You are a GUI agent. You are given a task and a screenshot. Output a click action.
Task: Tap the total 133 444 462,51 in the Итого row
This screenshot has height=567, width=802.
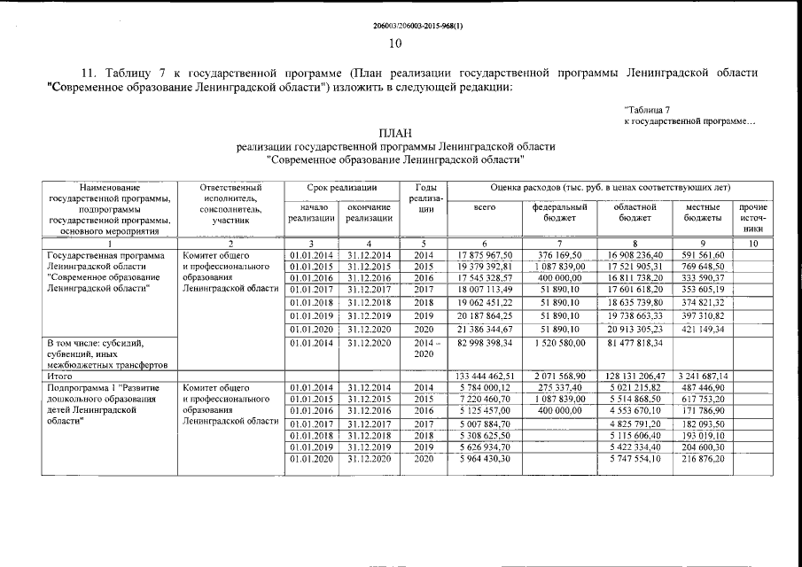click(482, 376)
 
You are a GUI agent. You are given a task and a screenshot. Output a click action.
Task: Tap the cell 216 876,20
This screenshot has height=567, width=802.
click(705, 460)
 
